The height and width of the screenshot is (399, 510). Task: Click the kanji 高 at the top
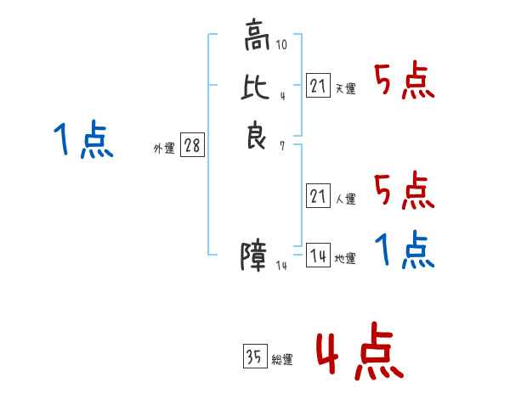coord(257,35)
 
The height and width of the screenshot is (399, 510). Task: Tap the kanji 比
coord(255,87)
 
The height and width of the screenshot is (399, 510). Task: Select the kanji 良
coord(257,135)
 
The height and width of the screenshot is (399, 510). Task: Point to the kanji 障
coord(253,256)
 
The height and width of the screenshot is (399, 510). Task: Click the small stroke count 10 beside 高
coord(281,44)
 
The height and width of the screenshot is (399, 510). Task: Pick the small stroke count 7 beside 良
coord(282,146)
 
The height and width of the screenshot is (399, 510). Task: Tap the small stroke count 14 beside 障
coord(281,266)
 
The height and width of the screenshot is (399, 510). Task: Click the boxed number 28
coord(193,144)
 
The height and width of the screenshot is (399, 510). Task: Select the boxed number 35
coord(255,356)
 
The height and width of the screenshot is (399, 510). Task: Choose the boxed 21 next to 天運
coord(319,85)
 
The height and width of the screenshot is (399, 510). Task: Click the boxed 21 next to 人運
coord(319,195)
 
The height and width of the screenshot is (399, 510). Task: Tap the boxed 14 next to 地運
coord(319,255)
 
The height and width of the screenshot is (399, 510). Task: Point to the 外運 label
coord(164,149)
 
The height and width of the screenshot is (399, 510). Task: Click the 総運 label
coord(282,360)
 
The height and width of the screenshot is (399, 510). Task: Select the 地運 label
coord(345,259)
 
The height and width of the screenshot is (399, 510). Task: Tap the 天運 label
coord(345,88)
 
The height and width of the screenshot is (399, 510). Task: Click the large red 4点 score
coord(360,351)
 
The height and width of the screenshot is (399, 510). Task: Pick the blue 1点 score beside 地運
coord(405,250)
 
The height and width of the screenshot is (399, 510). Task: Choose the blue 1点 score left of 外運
coord(83,139)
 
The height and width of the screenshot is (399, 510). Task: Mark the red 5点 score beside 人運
coord(405,190)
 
